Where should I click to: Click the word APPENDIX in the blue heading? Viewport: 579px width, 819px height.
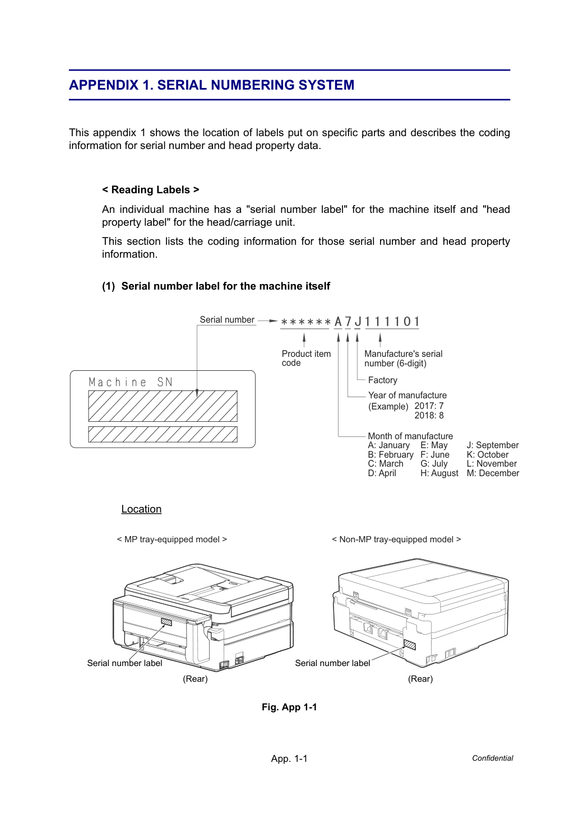(x=104, y=85)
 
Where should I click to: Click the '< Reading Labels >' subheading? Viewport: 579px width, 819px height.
(x=151, y=190)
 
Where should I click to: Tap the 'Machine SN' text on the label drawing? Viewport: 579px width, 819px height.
(x=131, y=382)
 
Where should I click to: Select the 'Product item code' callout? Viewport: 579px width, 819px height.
(x=306, y=359)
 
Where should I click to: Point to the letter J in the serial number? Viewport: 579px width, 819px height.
(x=358, y=322)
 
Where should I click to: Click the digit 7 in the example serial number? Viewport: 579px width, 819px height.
(x=348, y=322)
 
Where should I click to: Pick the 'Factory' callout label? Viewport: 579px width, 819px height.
(x=383, y=380)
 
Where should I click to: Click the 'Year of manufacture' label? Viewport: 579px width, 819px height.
(x=407, y=395)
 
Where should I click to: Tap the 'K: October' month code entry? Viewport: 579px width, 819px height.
(x=488, y=454)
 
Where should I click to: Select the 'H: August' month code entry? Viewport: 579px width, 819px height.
(x=439, y=473)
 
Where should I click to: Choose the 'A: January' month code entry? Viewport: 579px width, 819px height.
(x=389, y=445)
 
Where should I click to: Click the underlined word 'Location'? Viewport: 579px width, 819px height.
(x=141, y=509)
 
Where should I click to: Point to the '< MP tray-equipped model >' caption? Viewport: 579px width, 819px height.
(x=172, y=539)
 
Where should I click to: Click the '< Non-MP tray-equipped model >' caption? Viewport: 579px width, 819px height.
(x=396, y=539)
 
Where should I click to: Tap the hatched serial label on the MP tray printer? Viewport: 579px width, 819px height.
(x=166, y=622)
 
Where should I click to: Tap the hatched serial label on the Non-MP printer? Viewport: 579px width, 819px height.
(x=410, y=645)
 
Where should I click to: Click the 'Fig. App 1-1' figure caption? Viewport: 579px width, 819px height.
(x=289, y=707)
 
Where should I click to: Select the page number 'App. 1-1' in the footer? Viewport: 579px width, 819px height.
(x=289, y=758)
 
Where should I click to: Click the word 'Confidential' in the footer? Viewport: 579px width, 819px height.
(x=492, y=758)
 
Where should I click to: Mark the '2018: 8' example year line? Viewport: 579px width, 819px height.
(x=429, y=415)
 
